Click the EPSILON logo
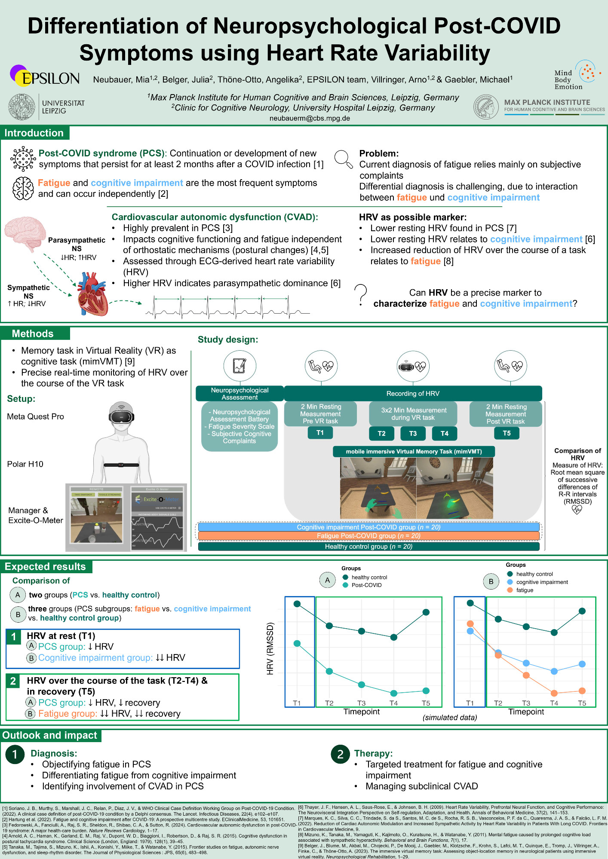[44, 76]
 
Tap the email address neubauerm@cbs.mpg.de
[310, 118]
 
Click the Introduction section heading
[34, 133]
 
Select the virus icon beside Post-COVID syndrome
[23, 159]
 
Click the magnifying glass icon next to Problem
[343, 159]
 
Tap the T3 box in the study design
[413, 433]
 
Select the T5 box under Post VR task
[507, 433]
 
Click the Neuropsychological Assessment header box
[240, 393]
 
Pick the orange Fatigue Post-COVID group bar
[368, 536]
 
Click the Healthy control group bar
[368, 547]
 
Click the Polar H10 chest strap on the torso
[121, 465]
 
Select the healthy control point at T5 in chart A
[426, 612]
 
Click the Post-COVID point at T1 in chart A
[297, 643]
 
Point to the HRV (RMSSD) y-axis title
[270, 648]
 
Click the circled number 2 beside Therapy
[340, 754]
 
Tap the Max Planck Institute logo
[486, 107]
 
